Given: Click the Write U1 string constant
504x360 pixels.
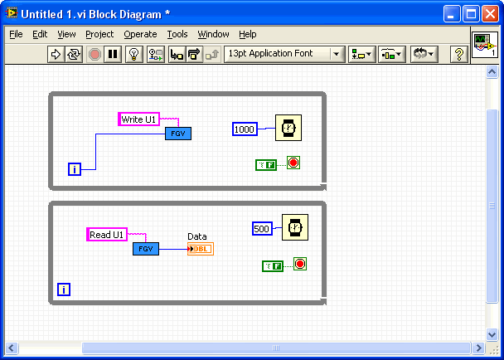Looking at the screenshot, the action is click(x=139, y=119).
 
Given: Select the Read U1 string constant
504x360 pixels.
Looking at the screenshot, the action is click(x=107, y=234).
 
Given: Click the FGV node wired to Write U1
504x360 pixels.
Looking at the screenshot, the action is click(x=178, y=134).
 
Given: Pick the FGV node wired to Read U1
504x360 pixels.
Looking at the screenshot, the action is click(x=146, y=249).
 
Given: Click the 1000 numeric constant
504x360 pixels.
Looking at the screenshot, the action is click(x=245, y=129).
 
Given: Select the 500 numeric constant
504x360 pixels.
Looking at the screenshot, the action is click(x=262, y=228).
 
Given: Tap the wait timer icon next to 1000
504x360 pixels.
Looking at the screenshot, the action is click(x=288, y=128).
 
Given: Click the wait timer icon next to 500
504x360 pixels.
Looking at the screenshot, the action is click(x=295, y=227).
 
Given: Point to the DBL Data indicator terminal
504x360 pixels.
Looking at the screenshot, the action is click(x=201, y=249).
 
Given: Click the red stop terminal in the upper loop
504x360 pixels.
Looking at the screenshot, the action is click(x=293, y=163).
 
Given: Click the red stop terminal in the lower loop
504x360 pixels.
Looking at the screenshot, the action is click(x=300, y=264).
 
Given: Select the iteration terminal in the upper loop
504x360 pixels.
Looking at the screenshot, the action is click(x=75, y=169).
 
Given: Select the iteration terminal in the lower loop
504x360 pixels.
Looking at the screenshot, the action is click(x=64, y=289).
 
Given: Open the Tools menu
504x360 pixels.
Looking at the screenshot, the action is click(x=177, y=34).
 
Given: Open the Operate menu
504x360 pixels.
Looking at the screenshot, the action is click(x=140, y=34).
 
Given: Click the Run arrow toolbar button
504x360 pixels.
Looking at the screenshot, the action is click(x=56, y=54).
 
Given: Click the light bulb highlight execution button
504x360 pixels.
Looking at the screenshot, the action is click(x=133, y=54).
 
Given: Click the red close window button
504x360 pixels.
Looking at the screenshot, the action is click(x=490, y=14).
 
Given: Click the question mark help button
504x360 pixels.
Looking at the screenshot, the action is click(x=458, y=54).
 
